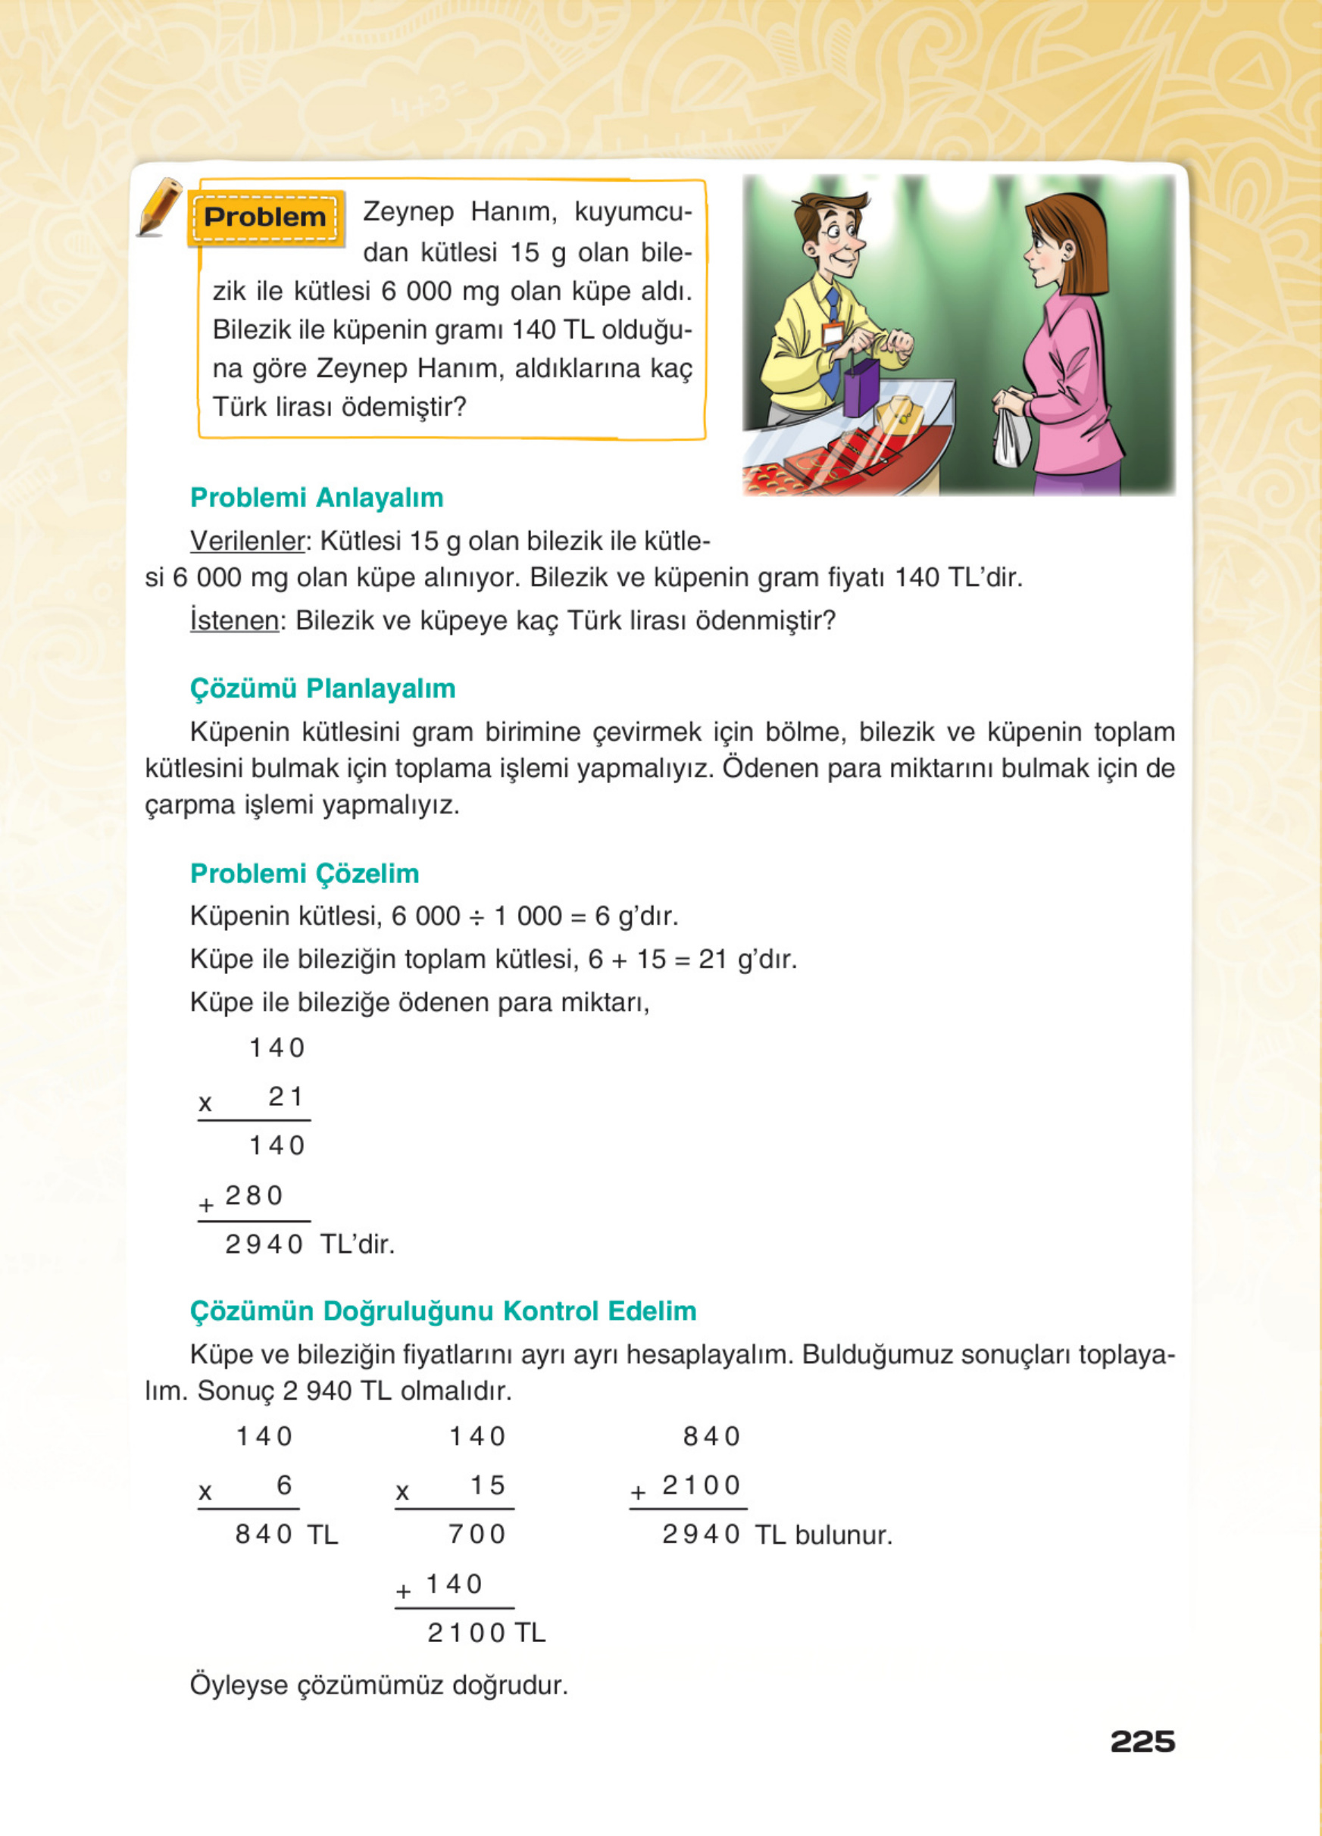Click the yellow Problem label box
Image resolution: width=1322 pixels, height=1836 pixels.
(265, 217)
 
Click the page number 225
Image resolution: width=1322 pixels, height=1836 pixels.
(1142, 1741)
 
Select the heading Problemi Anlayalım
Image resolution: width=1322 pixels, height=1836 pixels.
(317, 497)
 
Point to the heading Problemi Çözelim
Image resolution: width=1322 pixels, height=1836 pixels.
(305, 873)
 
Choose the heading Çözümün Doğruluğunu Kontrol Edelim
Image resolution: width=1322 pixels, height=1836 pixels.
(443, 1310)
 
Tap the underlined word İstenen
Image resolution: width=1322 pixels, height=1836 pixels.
(234, 620)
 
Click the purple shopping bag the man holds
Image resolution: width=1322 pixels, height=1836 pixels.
(861, 388)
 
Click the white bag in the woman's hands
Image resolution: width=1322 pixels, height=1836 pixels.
(1011, 437)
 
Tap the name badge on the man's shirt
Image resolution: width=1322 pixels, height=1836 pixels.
(831, 333)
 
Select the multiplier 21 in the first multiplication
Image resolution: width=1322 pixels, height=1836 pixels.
(286, 1097)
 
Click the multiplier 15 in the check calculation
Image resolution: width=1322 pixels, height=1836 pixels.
(487, 1485)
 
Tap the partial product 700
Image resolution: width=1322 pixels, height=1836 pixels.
(477, 1534)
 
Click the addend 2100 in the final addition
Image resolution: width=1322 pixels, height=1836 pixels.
(701, 1485)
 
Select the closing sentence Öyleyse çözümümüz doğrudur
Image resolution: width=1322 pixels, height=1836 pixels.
(379, 1685)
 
